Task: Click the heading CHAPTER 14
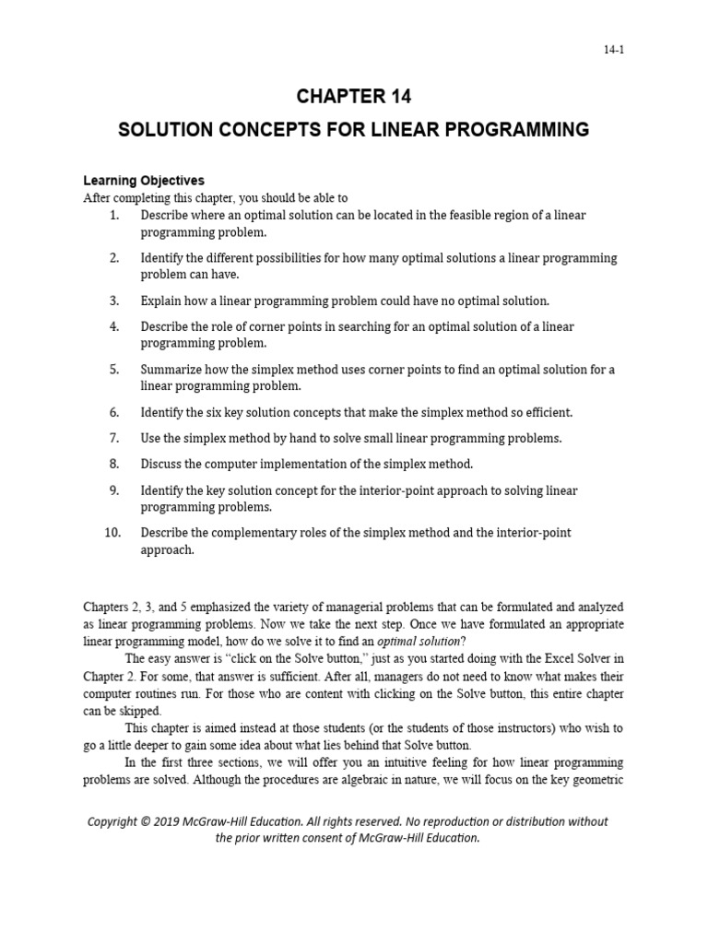pyautogui.click(x=353, y=95)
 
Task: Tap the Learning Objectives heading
pyautogui.click(x=144, y=181)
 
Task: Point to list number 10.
pyautogui.click(x=112, y=533)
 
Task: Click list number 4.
pyautogui.click(x=114, y=326)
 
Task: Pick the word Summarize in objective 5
pyautogui.click(x=171, y=370)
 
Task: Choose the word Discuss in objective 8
pyautogui.click(x=161, y=464)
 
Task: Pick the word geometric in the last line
pyautogui.click(x=592, y=781)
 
